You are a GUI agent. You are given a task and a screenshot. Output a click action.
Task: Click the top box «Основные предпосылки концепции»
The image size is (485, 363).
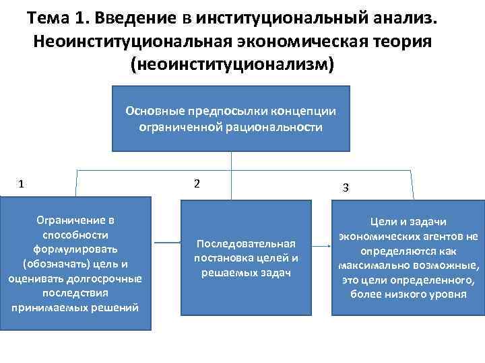tap(230, 118)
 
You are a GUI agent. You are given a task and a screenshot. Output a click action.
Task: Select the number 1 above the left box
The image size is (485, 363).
tap(22, 184)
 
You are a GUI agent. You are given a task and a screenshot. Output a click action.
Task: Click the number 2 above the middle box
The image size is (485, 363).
tap(196, 184)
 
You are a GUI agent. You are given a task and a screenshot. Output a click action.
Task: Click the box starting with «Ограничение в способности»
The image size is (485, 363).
tap(75, 263)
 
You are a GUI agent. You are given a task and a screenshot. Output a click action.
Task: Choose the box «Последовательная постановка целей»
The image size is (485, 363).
tap(245, 257)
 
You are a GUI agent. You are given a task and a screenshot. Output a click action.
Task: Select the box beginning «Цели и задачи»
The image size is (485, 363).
tap(408, 258)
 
